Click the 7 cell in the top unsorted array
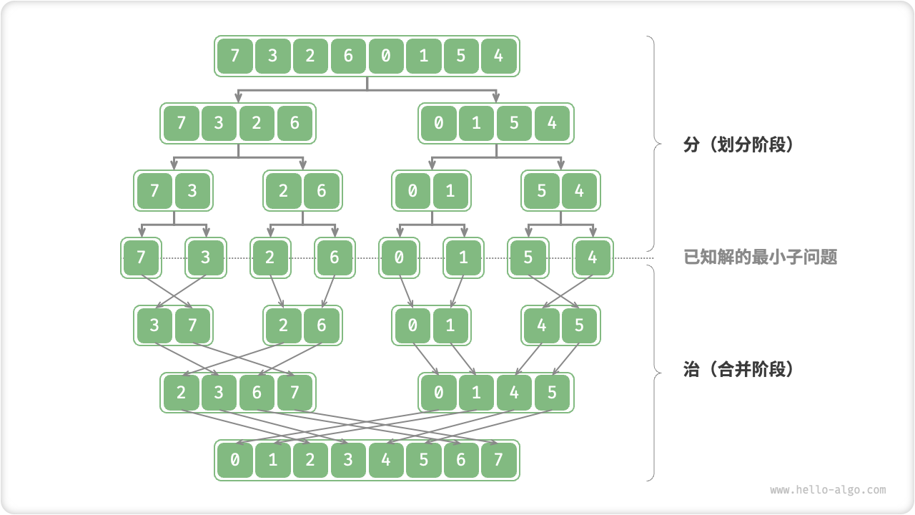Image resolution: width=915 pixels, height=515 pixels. click(x=234, y=56)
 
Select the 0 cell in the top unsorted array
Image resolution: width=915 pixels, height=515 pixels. click(x=386, y=56)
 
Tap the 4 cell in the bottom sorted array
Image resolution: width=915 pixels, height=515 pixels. click(x=386, y=460)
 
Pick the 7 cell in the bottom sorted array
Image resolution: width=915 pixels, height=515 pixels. click(x=499, y=460)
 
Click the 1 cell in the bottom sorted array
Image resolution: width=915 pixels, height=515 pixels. click(x=272, y=460)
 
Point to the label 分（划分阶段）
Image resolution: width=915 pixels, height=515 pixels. click(x=739, y=144)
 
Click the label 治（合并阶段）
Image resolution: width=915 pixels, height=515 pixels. click(x=739, y=370)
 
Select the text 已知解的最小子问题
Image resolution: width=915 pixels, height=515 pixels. click(x=760, y=257)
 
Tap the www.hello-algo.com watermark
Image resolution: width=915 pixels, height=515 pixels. click(x=828, y=490)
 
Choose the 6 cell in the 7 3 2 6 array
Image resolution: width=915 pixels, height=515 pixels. click(x=295, y=123)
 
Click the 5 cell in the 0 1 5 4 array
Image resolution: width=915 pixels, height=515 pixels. click(x=514, y=123)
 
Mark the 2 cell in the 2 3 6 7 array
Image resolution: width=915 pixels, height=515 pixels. click(x=182, y=393)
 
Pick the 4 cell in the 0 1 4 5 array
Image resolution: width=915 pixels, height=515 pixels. click(x=514, y=393)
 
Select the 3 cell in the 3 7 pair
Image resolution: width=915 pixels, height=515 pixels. click(x=154, y=325)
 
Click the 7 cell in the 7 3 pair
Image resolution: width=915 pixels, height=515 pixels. click(x=154, y=190)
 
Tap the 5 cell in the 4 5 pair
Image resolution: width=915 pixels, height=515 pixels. click(x=579, y=325)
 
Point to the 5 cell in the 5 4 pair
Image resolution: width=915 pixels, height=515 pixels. click(x=542, y=190)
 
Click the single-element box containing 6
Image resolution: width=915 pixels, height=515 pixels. click(x=334, y=257)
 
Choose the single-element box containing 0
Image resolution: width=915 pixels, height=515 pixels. click(x=399, y=257)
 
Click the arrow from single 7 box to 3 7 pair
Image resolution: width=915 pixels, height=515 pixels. click(x=167, y=292)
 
